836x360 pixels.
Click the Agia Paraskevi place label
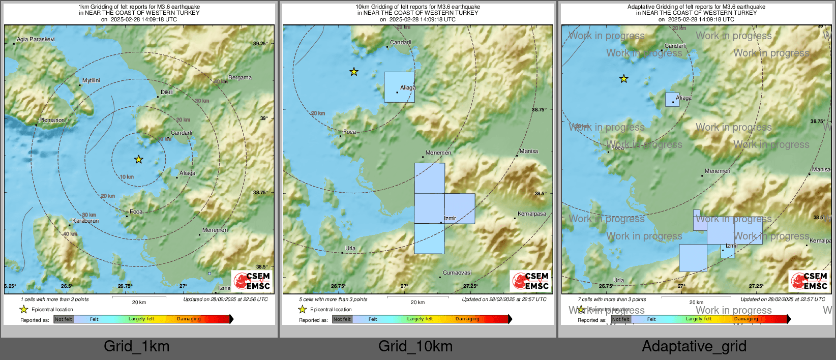click(36, 39)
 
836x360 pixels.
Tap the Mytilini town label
click(91, 80)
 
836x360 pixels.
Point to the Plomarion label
click(52, 120)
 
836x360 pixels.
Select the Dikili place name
click(167, 92)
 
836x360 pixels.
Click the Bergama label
click(240, 77)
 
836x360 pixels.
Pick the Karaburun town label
click(85, 221)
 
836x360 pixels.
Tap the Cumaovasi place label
click(457, 273)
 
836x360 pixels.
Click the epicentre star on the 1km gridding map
click(139, 160)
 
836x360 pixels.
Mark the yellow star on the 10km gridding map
click(354, 72)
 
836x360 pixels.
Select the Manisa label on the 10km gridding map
click(529, 151)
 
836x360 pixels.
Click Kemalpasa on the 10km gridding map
click(532, 214)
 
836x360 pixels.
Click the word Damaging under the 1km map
click(189, 319)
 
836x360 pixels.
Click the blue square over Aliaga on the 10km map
click(399, 87)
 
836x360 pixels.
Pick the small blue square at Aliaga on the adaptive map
click(672, 100)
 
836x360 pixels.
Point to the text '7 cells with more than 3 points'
click(612, 299)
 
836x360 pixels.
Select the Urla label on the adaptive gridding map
click(618, 280)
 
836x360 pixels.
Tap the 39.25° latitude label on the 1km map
click(260, 44)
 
